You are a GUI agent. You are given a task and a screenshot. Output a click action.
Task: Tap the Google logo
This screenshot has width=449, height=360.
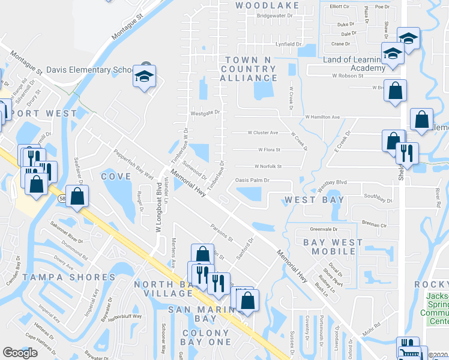click(x=20, y=353)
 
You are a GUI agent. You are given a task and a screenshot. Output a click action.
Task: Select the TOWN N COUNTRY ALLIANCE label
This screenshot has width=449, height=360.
click(x=248, y=69)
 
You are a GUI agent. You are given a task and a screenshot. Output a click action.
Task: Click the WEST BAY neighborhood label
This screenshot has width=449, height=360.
click(x=315, y=200)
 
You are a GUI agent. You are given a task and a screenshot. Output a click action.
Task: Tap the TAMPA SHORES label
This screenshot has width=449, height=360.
click(x=69, y=277)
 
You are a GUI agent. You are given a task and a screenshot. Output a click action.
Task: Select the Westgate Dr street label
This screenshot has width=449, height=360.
click(x=205, y=112)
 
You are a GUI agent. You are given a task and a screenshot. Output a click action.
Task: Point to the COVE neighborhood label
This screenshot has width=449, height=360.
click(x=116, y=176)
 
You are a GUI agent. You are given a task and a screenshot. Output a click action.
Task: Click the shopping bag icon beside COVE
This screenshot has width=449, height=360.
click(x=77, y=196)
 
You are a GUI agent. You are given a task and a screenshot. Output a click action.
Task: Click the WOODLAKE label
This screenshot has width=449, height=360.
click(x=259, y=5)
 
